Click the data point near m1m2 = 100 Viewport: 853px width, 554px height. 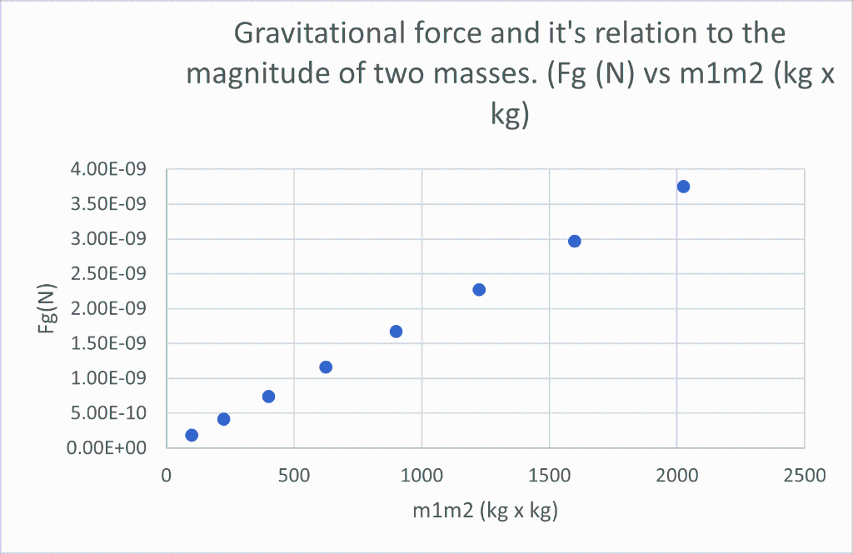pyautogui.click(x=192, y=435)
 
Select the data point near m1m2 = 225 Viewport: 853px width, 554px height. pyautogui.click(x=223, y=419)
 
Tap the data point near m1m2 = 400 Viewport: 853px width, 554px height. pyautogui.click(x=268, y=397)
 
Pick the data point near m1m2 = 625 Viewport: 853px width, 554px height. pyautogui.click(x=326, y=367)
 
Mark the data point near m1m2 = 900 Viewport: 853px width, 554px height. pyautogui.click(x=396, y=332)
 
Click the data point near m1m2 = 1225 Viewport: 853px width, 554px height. pyautogui.click(x=479, y=290)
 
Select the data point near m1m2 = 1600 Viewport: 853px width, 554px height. pyautogui.click(x=574, y=242)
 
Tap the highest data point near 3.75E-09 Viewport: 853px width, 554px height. pyautogui.click(x=683, y=187)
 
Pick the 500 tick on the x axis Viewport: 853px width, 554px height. pyautogui.click(x=294, y=476)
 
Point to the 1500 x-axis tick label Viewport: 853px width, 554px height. pyautogui.click(x=549, y=476)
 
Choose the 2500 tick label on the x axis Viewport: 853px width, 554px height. pyautogui.click(x=804, y=476)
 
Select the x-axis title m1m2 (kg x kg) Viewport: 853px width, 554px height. pyautogui.click(x=485, y=511)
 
